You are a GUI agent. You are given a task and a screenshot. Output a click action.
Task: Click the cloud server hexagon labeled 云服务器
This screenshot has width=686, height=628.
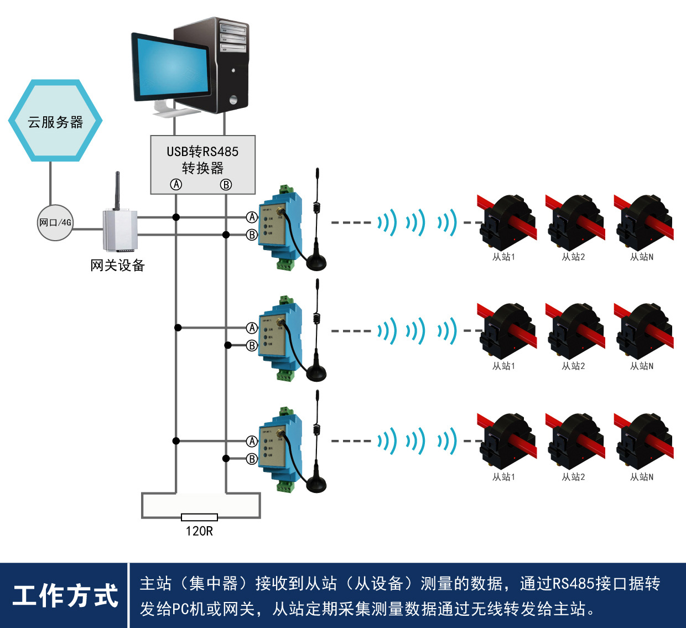pos(55,121)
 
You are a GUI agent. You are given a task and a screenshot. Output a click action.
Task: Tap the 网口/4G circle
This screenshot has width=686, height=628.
pos(55,222)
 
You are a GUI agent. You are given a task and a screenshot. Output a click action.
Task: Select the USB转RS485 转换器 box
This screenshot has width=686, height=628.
pos(202,164)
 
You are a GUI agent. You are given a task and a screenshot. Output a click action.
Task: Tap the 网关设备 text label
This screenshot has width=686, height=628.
pos(117,266)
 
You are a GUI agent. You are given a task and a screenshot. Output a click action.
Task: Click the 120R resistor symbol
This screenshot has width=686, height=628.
pos(199,517)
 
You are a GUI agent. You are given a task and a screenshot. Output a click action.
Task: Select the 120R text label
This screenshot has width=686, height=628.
pos(199,531)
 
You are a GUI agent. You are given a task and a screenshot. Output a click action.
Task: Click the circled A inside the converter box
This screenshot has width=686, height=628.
pos(176,184)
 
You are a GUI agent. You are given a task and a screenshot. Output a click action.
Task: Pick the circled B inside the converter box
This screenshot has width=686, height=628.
pos(226,185)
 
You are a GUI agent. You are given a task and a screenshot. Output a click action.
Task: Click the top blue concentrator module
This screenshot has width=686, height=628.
pos(282,227)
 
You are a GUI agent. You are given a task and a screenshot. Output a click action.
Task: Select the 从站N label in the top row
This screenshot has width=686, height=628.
pos(642,257)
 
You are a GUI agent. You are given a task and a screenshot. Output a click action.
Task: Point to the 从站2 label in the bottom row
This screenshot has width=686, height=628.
pos(573,476)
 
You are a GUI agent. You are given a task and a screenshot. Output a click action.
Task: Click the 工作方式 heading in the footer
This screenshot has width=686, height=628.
pos(65,596)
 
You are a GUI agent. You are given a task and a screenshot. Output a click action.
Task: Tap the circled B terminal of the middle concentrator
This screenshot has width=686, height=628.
pos(252,345)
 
